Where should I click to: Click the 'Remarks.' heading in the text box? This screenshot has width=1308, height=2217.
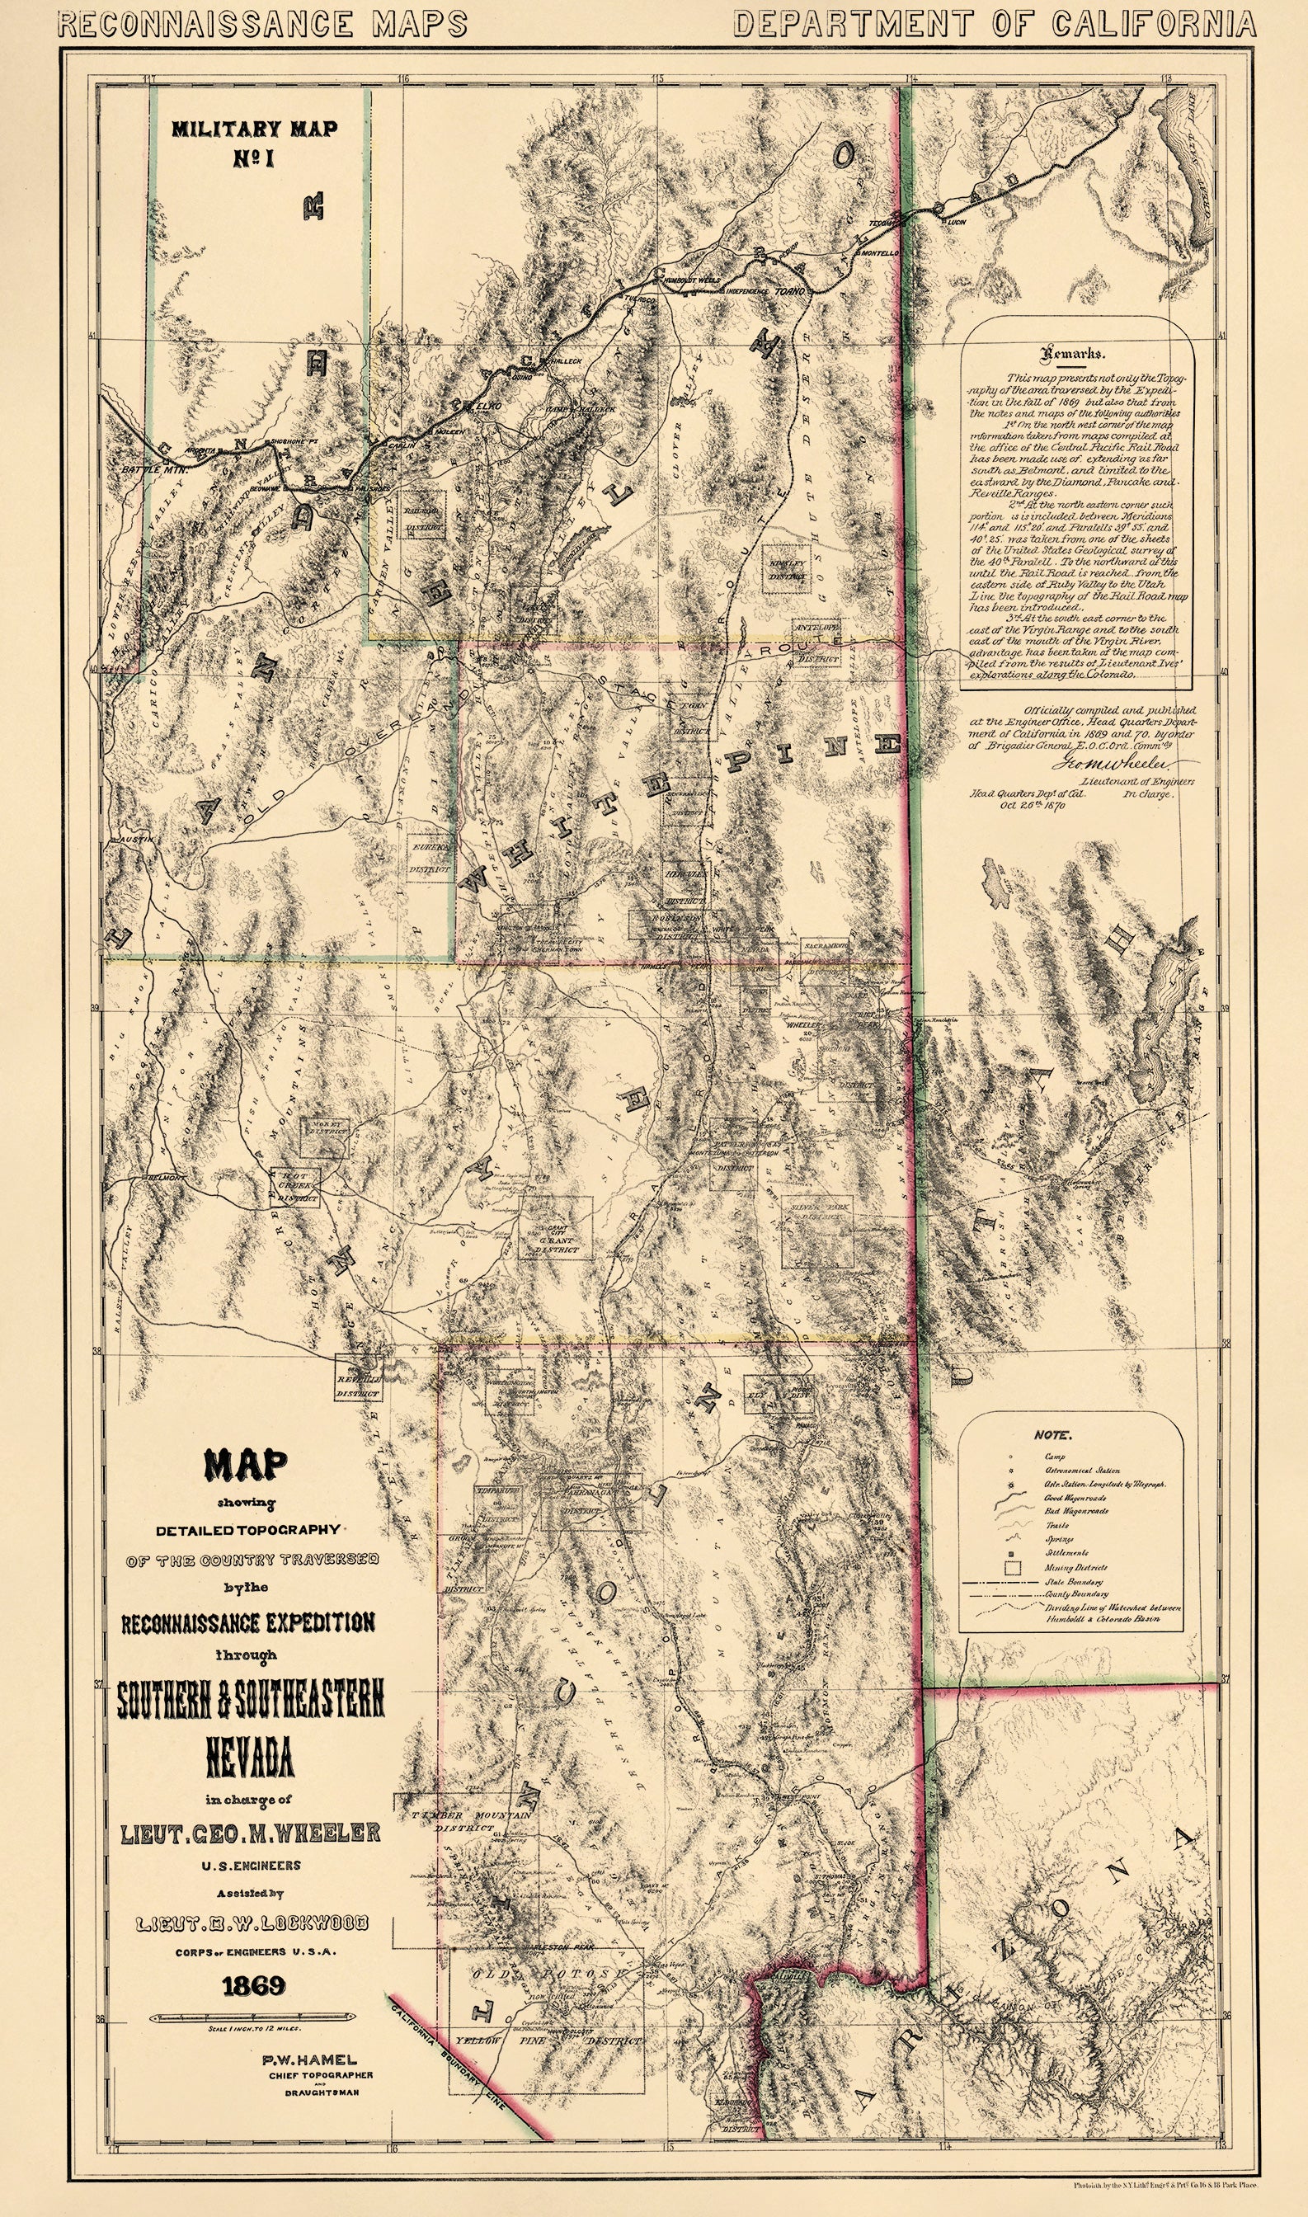1073,355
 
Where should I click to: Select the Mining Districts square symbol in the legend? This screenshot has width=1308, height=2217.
1014,1568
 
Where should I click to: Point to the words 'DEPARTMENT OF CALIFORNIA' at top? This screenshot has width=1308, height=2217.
995,24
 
